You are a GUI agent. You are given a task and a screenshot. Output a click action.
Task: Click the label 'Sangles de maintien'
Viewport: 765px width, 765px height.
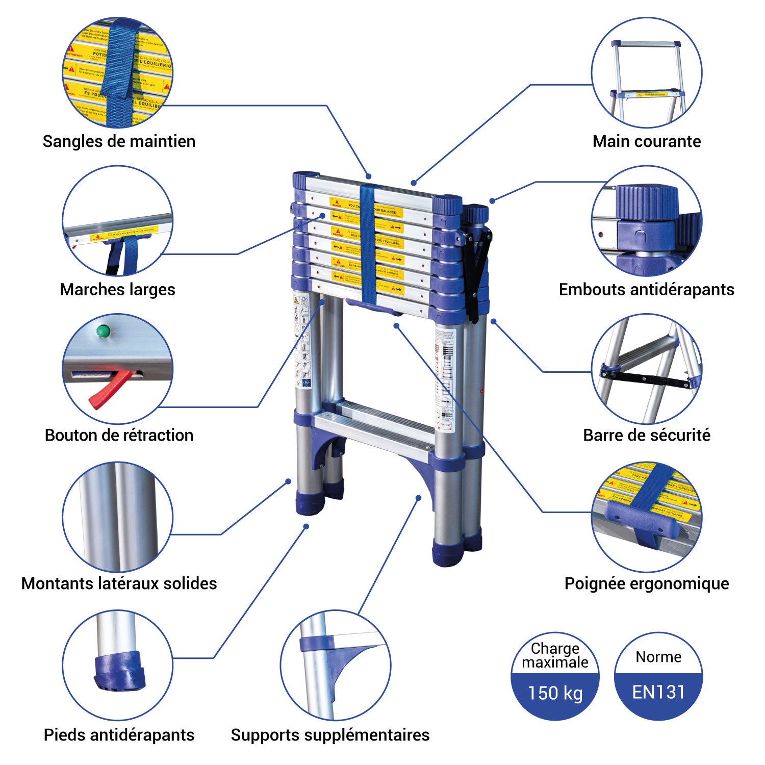119,141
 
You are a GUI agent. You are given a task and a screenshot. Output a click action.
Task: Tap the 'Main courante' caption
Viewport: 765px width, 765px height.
646,141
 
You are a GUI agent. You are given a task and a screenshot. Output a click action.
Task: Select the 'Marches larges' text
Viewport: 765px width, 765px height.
117,289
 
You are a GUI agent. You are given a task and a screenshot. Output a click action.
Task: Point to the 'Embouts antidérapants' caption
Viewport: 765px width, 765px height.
646,289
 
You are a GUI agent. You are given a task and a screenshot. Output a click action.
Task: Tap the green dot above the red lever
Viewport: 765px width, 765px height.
104,331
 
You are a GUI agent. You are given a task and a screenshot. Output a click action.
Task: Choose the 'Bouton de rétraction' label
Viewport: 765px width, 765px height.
119,435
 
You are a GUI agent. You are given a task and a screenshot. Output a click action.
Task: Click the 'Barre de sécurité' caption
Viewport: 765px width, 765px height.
646,435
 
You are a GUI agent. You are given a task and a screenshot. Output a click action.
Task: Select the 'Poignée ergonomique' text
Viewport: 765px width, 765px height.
646,583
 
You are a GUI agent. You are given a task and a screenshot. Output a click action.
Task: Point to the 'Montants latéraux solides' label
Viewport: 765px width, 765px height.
119,583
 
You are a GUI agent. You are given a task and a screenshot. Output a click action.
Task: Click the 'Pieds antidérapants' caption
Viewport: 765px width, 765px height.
119,735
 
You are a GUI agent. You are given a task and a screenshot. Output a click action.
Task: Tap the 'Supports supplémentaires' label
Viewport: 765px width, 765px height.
330,735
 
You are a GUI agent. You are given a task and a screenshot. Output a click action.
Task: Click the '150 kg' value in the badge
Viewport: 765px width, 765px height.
555,693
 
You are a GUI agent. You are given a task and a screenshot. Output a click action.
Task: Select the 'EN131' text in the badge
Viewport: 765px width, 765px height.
658,692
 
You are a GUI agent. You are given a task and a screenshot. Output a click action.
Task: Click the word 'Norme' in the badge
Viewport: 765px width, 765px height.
658,657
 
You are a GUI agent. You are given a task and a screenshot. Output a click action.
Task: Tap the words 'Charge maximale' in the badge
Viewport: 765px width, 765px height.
555,655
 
